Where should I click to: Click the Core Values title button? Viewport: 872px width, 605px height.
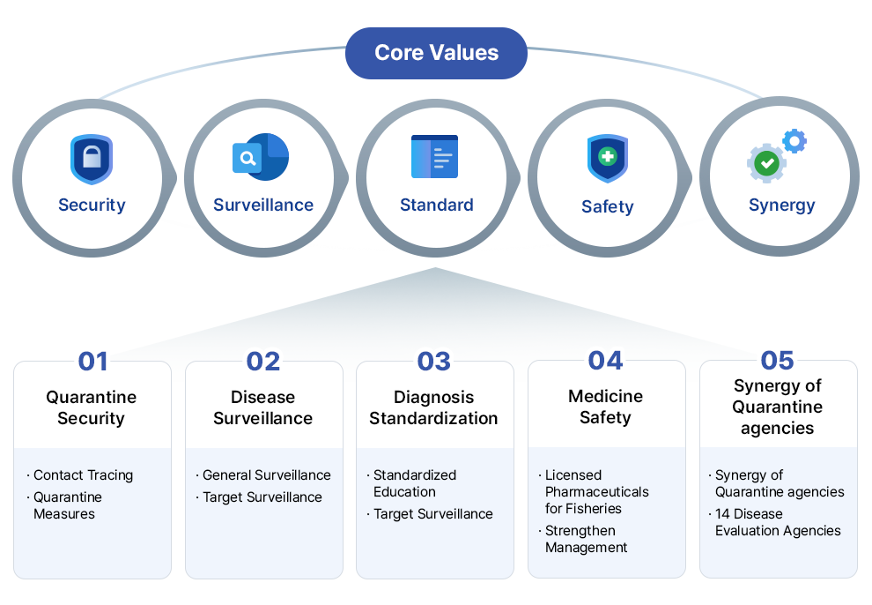pos(436,53)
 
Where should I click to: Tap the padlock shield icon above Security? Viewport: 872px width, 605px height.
pos(92,159)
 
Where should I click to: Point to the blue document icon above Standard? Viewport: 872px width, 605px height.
pos(434,157)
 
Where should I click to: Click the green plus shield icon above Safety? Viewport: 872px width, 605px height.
pos(607,159)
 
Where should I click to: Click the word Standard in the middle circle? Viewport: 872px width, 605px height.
pos(436,205)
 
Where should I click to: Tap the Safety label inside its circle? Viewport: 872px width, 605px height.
pos(607,206)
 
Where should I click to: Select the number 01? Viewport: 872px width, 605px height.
pos(92,361)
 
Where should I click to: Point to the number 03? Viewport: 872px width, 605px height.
pos(433,361)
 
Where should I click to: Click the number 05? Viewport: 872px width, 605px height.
pos(777,360)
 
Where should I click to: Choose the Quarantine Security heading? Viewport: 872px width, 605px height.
pos(91,407)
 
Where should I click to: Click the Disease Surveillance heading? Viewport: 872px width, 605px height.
pos(262,407)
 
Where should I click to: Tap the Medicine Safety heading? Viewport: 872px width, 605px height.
pos(605,407)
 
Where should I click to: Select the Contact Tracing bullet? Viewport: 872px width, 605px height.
pos(83,474)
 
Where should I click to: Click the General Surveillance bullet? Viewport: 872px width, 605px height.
pos(266,474)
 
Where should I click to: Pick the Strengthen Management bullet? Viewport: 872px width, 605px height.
pos(586,539)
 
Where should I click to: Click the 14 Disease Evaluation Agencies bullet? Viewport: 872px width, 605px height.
pos(777,522)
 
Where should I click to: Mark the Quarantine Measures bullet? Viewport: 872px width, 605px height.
pos(68,505)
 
